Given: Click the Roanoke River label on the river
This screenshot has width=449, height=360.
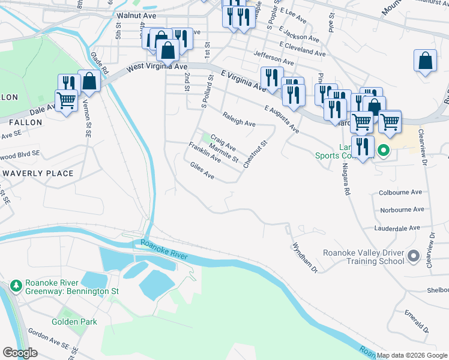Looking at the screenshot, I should [x=164, y=250].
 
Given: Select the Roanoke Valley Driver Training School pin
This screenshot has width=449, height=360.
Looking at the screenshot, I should [x=413, y=257].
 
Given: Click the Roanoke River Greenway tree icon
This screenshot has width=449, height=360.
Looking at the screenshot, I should [x=17, y=284].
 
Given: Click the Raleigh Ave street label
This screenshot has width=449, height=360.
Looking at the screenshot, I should [x=238, y=119].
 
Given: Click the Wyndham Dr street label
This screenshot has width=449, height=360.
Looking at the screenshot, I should [x=304, y=257].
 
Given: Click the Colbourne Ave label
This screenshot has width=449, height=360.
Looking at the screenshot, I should [x=401, y=193].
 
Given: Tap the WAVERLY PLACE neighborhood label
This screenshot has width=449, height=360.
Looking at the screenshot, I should [x=38, y=173].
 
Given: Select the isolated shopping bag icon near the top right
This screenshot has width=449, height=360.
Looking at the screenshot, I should [x=425, y=61].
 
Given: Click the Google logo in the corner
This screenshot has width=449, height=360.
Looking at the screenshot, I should [x=20, y=353].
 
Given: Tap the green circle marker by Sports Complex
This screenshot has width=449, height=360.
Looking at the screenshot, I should [x=383, y=150].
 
